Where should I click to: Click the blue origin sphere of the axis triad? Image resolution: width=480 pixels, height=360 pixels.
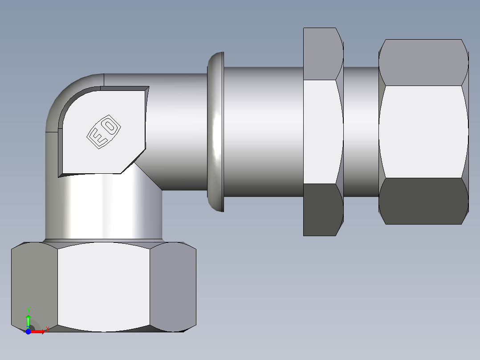pos(28,331)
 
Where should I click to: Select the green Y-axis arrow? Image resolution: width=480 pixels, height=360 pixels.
pos(28,319)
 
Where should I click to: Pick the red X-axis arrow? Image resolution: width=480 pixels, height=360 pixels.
pos(39,331)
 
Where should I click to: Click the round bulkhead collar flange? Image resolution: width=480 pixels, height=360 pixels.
pos(216,132)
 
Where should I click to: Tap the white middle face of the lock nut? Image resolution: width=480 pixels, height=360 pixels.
pos(321,132)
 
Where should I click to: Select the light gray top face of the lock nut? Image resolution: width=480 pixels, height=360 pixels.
pos(321,53)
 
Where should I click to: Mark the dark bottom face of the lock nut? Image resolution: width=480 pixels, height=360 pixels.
pos(321,209)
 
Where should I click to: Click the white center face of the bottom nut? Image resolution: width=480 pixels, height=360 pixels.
pos(103,287)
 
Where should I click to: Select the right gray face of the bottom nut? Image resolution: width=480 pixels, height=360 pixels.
pos(173,287)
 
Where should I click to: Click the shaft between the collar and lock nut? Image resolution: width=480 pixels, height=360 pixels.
pos(263,132)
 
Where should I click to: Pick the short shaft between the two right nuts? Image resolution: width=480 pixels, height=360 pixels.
pos(361,132)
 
